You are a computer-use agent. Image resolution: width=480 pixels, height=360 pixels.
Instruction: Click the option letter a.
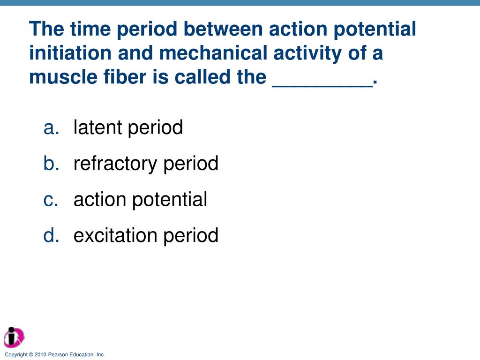(x=51, y=128)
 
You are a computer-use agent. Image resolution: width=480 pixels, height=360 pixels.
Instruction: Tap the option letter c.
(x=51, y=200)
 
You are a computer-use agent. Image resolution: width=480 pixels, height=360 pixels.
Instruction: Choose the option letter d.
(x=51, y=235)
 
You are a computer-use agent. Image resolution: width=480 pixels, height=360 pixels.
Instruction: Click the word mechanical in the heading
(x=213, y=52)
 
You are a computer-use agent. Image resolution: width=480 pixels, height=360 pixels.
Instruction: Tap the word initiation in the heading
(x=70, y=52)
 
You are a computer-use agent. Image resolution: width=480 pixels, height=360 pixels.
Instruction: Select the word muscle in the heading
(x=63, y=76)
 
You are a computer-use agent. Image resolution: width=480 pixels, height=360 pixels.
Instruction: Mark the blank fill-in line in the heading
(x=322, y=87)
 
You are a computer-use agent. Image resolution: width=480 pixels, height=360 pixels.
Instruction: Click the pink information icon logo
(x=14, y=337)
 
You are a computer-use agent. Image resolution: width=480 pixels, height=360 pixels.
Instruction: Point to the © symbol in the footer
(x=31, y=354)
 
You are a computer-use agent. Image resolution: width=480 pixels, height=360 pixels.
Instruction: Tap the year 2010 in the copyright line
(x=40, y=354)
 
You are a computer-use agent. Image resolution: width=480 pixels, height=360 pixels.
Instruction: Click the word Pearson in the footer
(x=58, y=354)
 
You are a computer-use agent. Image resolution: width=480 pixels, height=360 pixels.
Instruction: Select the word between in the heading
(x=223, y=29)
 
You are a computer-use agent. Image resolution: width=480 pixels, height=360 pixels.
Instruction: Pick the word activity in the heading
(x=307, y=53)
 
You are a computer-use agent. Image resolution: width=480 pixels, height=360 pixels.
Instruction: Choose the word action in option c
(x=99, y=200)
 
